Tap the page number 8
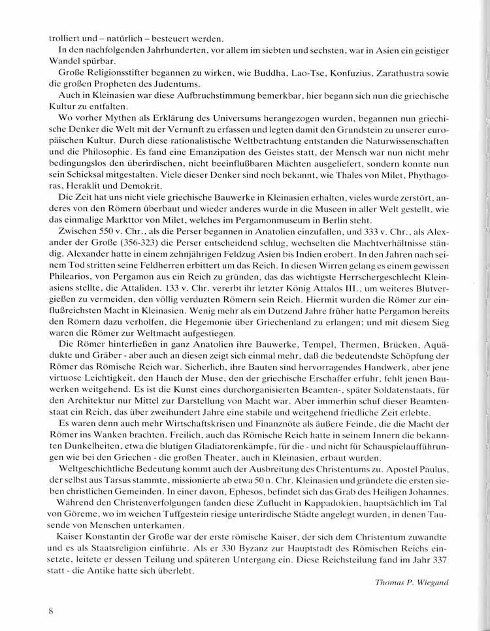[50, 611]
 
